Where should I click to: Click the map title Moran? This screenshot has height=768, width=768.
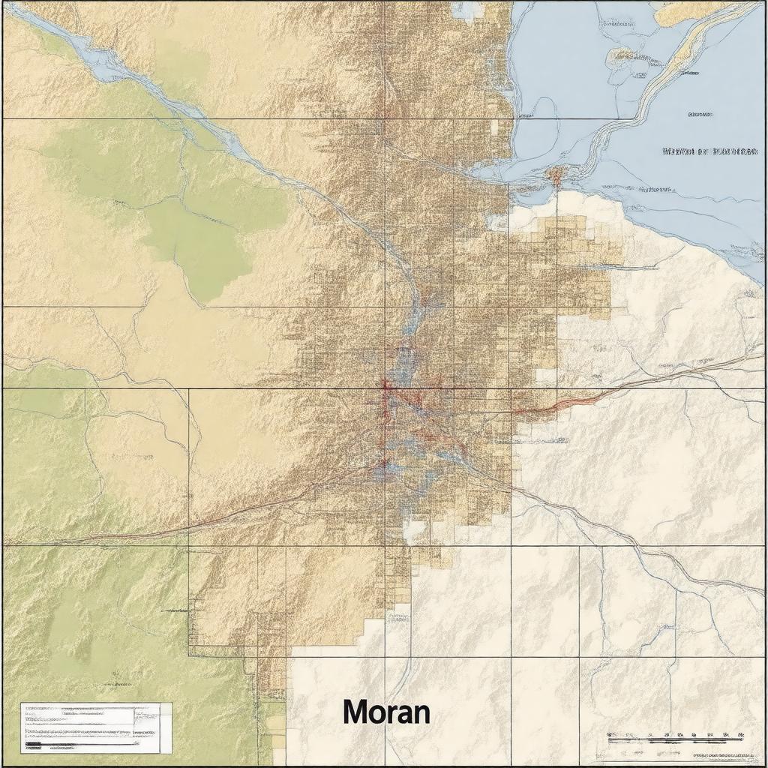point(386,712)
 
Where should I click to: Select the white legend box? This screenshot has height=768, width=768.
point(96,727)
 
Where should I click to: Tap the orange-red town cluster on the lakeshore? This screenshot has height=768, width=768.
point(556,175)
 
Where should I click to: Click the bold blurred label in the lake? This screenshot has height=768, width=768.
point(709,151)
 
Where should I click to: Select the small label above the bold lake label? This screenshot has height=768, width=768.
point(699,115)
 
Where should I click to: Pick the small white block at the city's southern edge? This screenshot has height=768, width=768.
point(414,531)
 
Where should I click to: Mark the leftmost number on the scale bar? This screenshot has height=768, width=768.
point(611,734)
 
